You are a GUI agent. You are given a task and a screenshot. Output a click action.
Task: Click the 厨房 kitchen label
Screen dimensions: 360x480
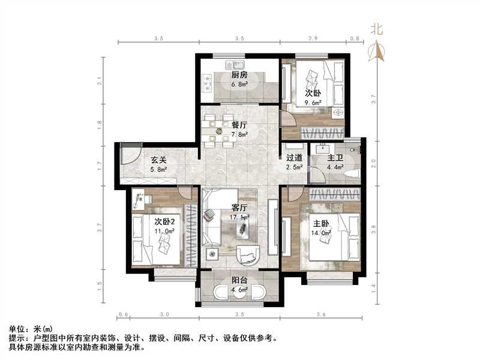coord(239,76)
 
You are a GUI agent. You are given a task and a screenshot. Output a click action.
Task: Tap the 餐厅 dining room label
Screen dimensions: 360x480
coord(239,126)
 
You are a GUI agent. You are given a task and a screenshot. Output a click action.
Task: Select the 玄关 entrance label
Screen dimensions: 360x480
coord(158,160)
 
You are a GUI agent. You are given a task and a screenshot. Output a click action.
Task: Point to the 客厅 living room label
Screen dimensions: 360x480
coord(239,208)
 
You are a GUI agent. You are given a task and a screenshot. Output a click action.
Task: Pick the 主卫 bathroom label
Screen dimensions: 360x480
coord(335,158)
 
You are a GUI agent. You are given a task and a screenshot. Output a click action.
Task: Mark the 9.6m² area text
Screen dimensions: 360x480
coord(313,103)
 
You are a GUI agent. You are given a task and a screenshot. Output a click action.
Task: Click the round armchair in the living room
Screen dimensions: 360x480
coord(247,256)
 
